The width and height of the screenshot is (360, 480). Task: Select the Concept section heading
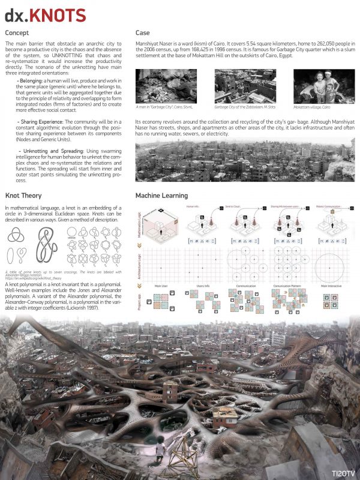[x=19, y=32]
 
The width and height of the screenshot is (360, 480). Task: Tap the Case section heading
[x=143, y=32]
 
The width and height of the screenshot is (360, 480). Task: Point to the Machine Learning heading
[x=161, y=196]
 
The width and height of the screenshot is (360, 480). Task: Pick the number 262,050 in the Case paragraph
[x=313, y=45]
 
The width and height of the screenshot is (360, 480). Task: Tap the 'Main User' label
[x=161, y=287]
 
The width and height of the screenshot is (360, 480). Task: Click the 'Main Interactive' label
[x=332, y=287]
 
